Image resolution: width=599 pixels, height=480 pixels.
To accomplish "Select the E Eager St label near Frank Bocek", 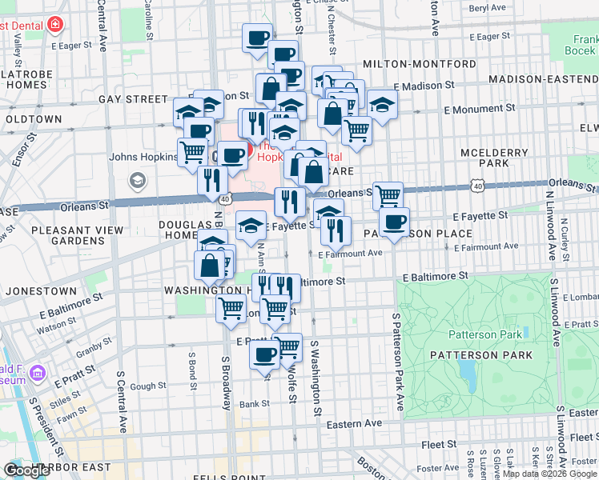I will (489, 36).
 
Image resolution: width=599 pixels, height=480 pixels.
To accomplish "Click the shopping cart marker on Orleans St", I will (388, 194).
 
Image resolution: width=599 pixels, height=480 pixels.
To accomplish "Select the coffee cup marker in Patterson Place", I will (393, 222).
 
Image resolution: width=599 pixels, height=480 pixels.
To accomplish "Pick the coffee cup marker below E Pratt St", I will (264, 354).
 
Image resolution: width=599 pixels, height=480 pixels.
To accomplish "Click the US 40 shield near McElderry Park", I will (478, 186).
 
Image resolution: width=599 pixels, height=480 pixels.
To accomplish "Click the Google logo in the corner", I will (26, 470).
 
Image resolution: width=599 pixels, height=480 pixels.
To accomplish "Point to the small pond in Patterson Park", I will (466, 370).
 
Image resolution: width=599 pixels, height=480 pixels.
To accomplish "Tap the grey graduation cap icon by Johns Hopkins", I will (137, 179).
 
